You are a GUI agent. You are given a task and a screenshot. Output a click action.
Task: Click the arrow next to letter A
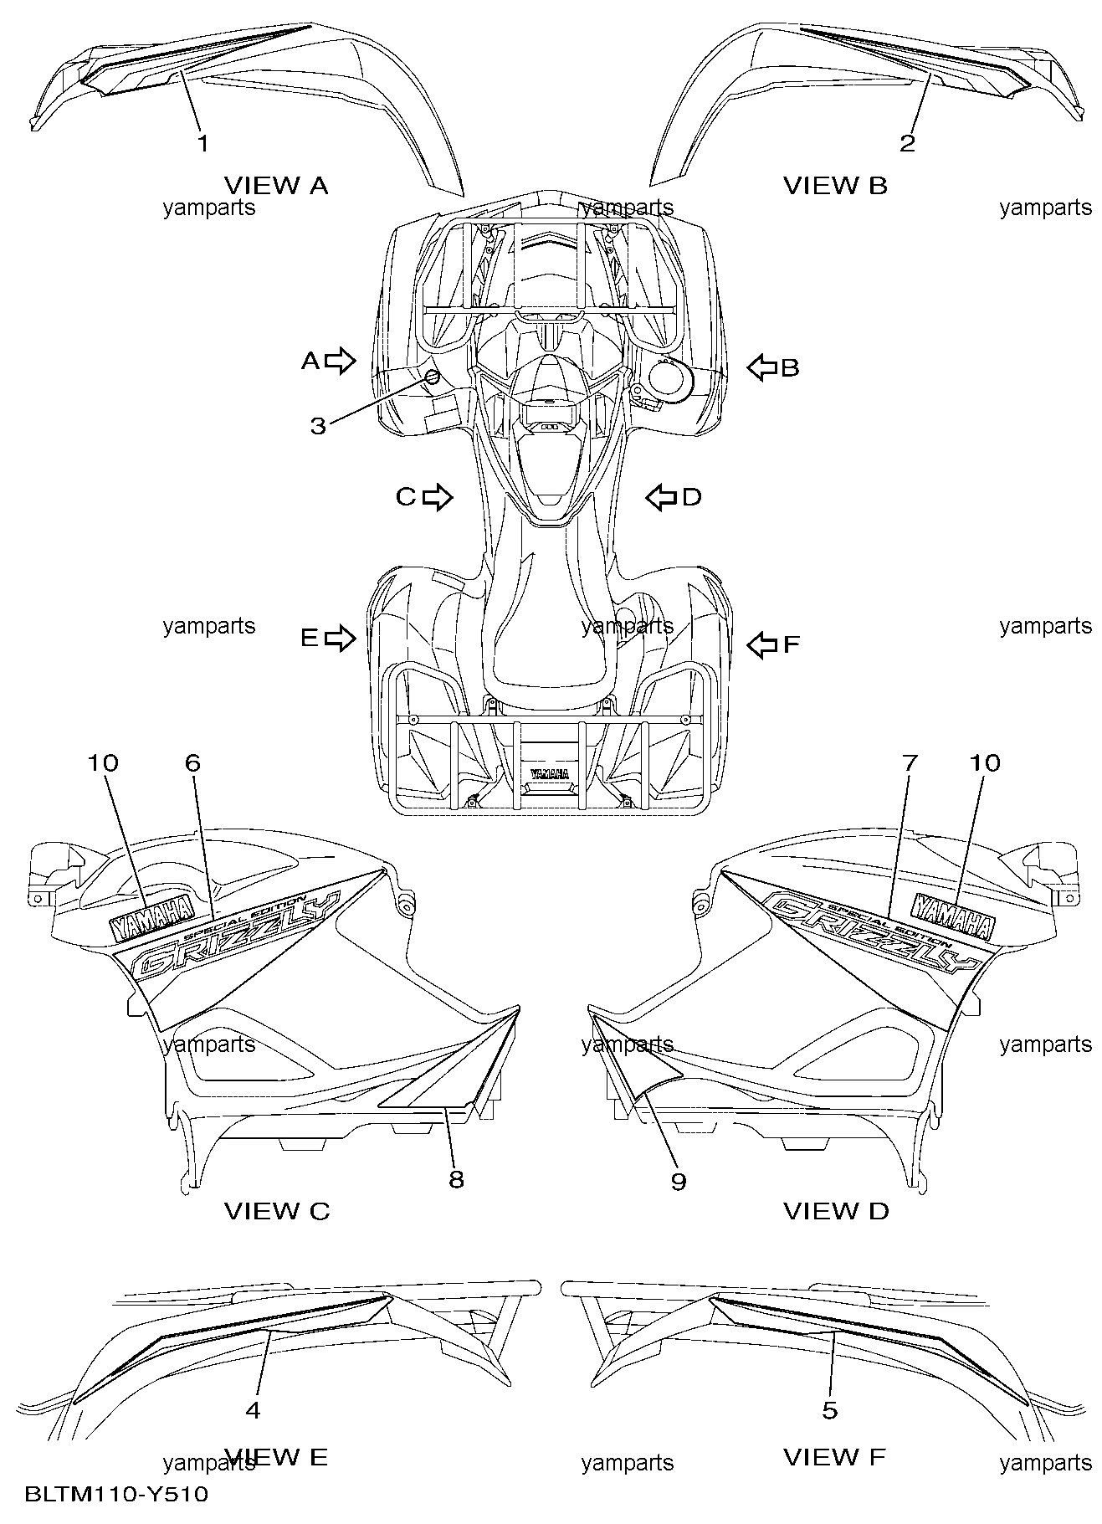340,361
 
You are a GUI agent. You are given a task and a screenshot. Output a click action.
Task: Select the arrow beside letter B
761,367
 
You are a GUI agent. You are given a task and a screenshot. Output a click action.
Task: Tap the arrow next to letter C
437,497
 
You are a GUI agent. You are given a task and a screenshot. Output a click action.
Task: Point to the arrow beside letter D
661,497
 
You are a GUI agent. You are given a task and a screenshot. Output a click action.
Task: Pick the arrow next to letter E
340,639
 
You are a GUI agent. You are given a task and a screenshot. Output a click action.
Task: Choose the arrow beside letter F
761,644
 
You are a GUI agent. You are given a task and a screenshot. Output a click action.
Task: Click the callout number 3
318,426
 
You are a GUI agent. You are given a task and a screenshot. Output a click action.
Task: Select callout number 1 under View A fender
202,143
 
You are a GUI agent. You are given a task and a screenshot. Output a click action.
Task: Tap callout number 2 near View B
907,143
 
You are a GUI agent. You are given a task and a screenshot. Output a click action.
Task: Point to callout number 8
456,1179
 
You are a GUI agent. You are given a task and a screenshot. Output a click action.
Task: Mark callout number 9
678,1180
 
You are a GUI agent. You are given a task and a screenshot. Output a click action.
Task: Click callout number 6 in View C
192,762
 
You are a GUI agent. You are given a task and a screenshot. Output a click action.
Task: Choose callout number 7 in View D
910,762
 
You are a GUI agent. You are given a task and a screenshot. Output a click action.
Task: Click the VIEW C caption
276,1211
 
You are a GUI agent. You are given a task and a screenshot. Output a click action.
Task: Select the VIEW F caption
833,1457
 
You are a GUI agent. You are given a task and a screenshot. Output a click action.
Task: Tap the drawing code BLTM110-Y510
116,1494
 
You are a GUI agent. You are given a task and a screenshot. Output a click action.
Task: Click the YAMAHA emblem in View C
151,914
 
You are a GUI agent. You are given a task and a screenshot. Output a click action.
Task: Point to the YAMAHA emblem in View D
953,915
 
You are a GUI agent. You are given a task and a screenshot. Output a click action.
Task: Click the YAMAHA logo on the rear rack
550,773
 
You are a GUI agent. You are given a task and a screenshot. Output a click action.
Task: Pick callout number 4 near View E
253,1410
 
